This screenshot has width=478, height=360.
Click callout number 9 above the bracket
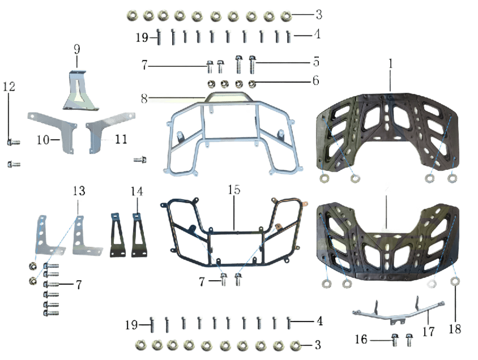click(x=77, y=49)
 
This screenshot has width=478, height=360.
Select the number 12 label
click(x=9, y=87)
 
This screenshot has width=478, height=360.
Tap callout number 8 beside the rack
click(x=144, y=98)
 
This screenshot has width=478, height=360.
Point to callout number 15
click(x=234, y=190)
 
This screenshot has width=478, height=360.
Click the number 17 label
click(x=428, y=331)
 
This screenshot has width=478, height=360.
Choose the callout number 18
click(x=455, y=329)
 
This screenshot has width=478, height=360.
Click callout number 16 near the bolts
click(x=361, y=339)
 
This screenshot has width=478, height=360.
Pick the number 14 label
click(x=136, y=191)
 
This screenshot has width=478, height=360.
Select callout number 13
click(x=79, y=191)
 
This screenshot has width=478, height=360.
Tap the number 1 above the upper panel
click(x=391, y=63)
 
